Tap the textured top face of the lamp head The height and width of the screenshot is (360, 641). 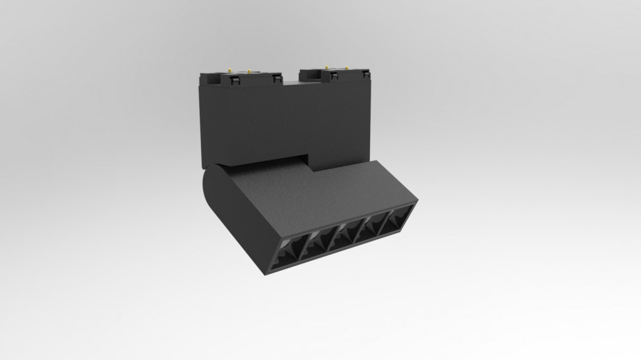311,192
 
